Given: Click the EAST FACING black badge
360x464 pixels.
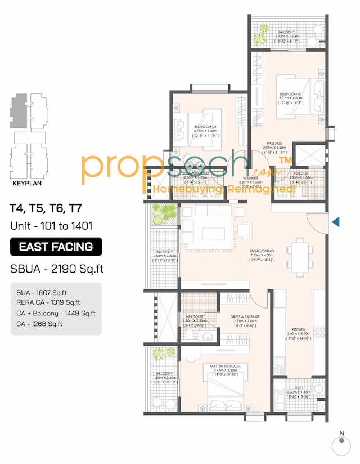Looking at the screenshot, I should (x=56, y=247).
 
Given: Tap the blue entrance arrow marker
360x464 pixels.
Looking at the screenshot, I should (x=335, y=222).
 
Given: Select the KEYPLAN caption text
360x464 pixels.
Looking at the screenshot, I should (x=28, y=183).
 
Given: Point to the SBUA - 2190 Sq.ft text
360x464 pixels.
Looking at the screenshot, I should (x=57, y=269).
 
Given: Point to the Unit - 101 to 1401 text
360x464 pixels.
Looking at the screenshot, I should (x=50, y=226).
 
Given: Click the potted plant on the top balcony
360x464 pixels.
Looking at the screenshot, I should (x=259, y=38).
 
